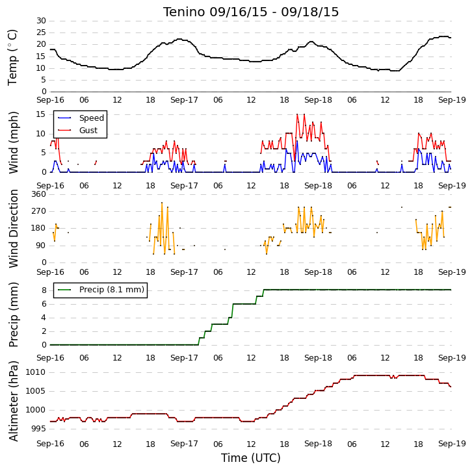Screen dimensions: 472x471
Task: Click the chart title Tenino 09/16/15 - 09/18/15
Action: pyautogui.click(x=251, y=12)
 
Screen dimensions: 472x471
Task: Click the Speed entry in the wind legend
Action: pyautogui.click(x=92, y=118)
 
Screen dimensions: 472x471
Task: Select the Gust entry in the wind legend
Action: pyautogui.click(x=88, y=130)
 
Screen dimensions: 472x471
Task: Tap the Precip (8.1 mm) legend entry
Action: pyautogui.click(x=112, y=290)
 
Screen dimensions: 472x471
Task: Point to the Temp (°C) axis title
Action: pyautogui.click(x=12, y=57)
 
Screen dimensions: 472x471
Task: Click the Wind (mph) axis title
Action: pyautogui.click(x=13, y=142)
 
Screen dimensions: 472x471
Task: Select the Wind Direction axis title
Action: pyautogui.click(x=13, y=229)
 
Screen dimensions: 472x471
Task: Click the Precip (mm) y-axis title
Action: pyautogui.click(x=13, y=314)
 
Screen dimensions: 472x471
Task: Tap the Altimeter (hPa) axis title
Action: pyautogui.click(x=13, y=401)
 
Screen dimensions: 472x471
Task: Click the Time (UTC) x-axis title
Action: pyautogui.click(x=251, y=458)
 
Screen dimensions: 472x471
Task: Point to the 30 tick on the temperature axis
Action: pyautogui.click(x=41, y=21)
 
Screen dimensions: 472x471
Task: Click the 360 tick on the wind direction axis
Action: pyautogui.click(x=39, y=194)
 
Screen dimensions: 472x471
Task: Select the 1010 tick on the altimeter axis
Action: pyautogui.click(x=36, y=372)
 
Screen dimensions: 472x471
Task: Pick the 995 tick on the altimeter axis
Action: pyautogui.click(x=39, y=429)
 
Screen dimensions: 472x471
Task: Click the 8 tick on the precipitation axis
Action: pyautogui.click(x=44, y=290)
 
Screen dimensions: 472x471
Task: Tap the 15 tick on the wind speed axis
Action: pyautogui.click(x=41, y=114)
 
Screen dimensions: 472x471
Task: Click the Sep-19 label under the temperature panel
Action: pyautogui.click(x=452, y=100)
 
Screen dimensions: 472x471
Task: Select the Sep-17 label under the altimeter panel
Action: pyautogui.click(x=184, y=444)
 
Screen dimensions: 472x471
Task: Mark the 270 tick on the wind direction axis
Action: pyautogui.click(x=39, y=211)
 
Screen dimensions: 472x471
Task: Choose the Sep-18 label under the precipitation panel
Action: pyautogui.click(x=318, y=358)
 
